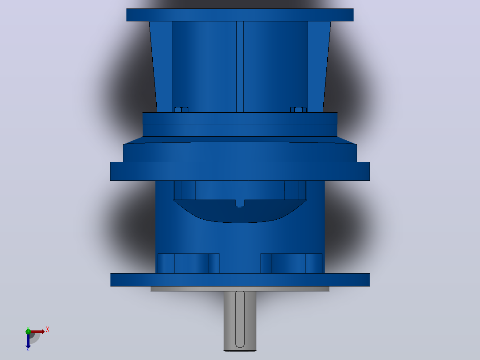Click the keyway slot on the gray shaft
[x=240, y=319]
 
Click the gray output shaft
[x=240, y=321]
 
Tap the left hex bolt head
[x=181, y=110]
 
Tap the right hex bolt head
[x=298, y=110]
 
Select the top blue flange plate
[x=240, y=15]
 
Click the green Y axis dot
[x=28, y=331]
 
